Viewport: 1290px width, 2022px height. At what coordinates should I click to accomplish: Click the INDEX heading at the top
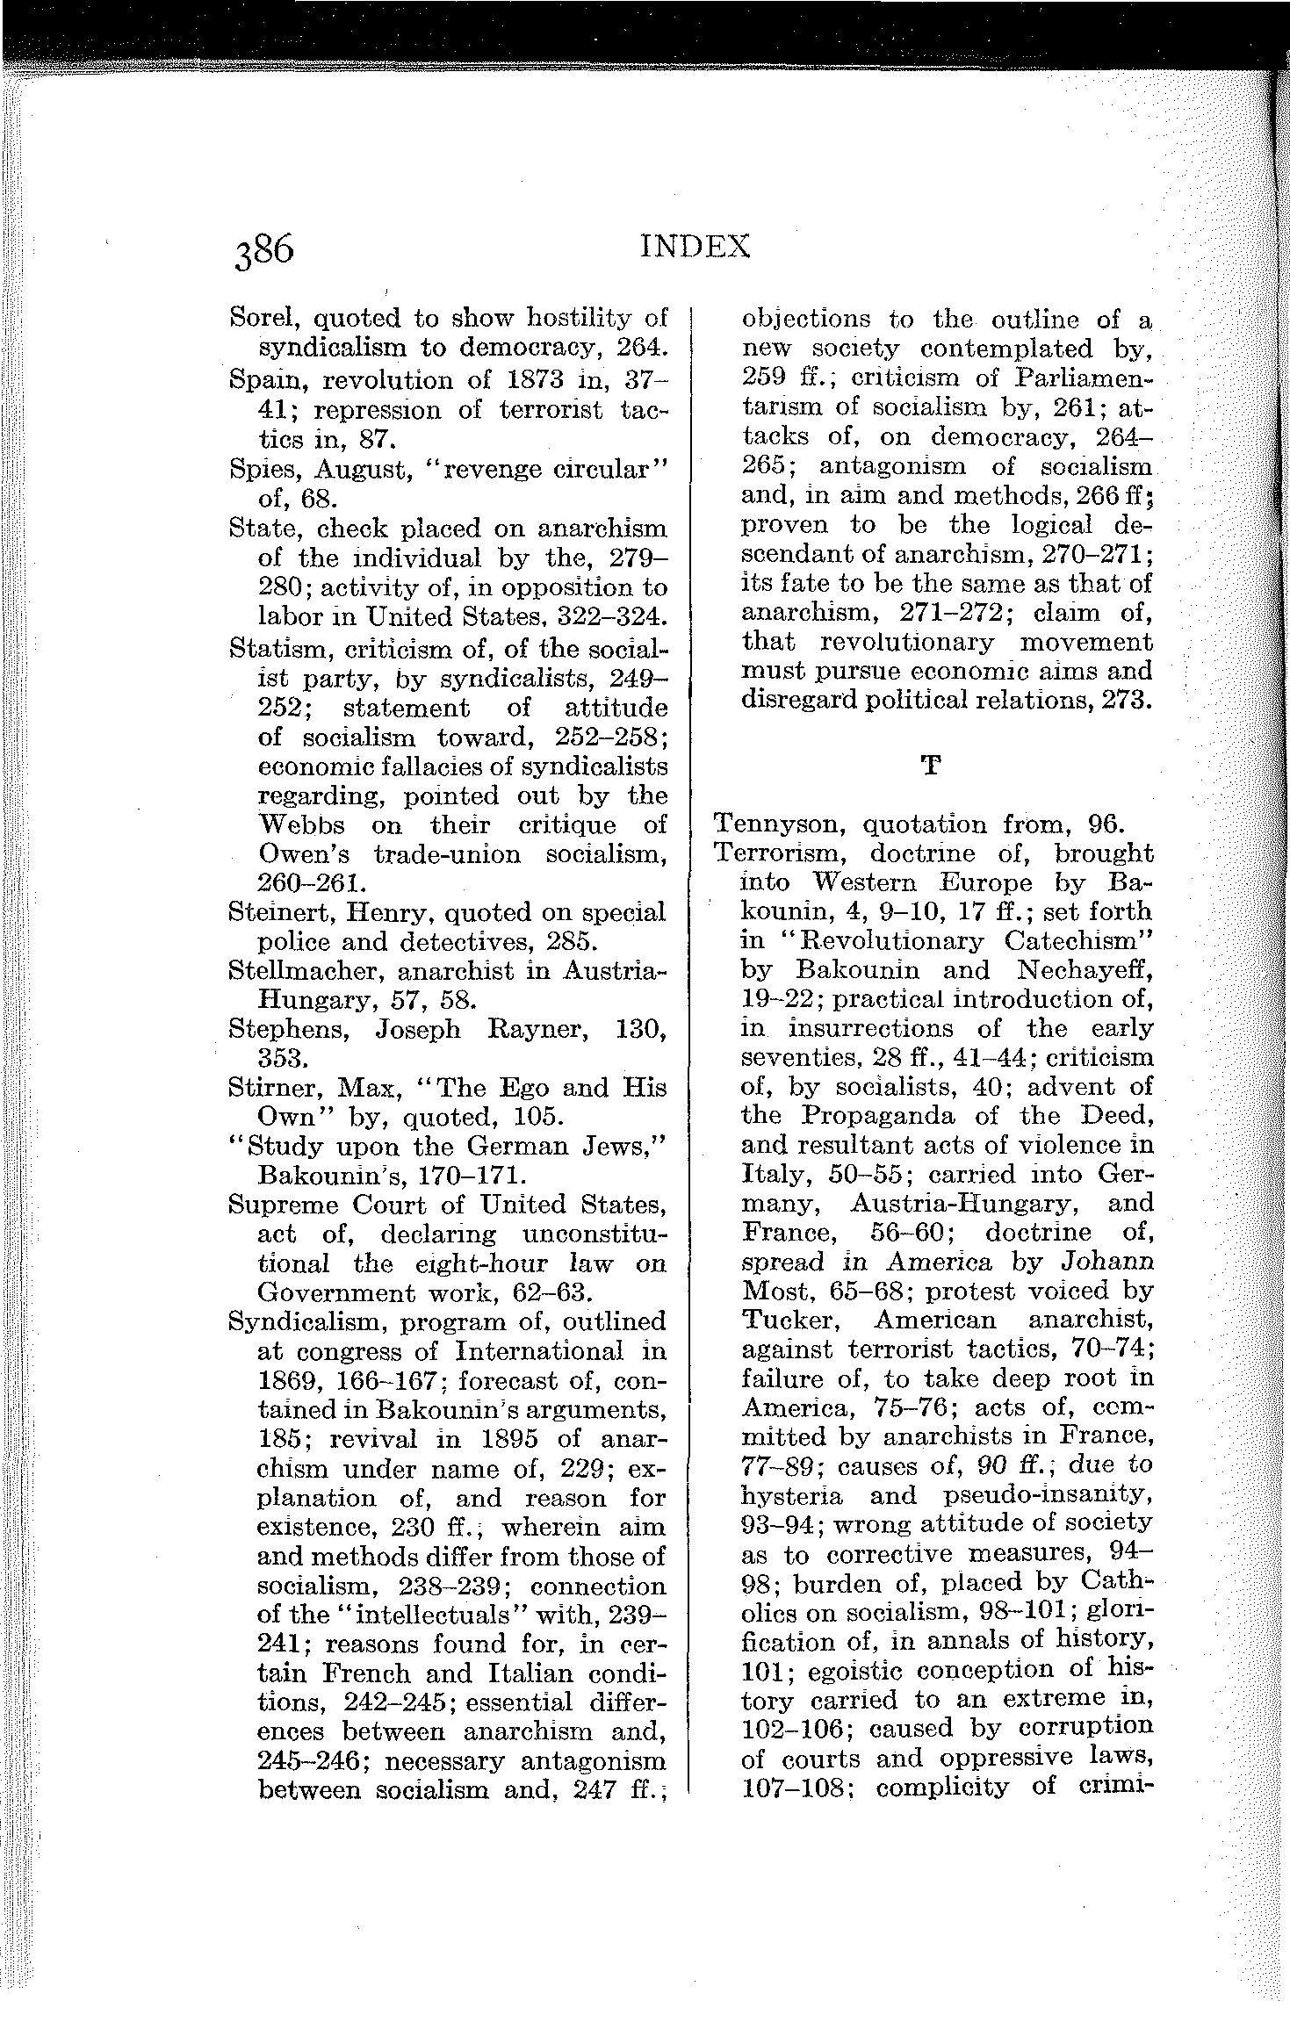695,246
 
